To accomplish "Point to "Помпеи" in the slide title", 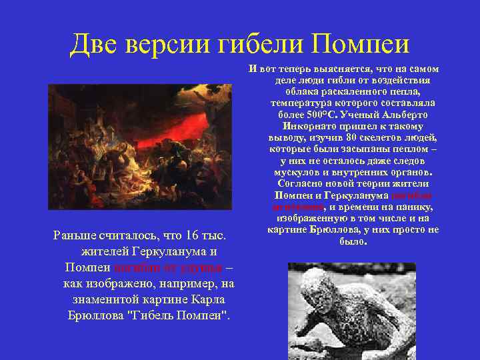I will pyautogui.click(x=361, y=45).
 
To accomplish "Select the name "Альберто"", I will pyautogui.click(x=406, y=115).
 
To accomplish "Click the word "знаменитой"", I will pyautogui.click(x=99, y=299).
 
